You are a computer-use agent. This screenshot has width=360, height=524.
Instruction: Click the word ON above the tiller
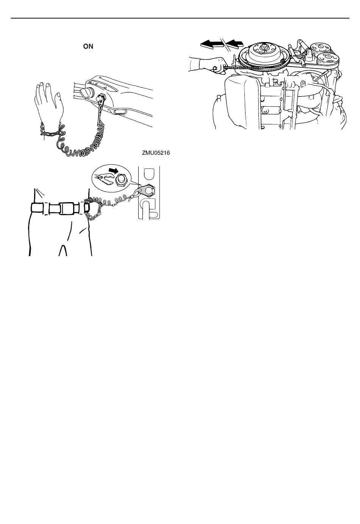pyautogui.click(x=88, y=46)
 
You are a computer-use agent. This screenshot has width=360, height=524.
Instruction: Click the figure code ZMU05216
pyautogui.click(x=156, y=153)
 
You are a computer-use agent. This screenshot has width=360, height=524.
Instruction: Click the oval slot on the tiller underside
pyautogui.click(x=120, y=112)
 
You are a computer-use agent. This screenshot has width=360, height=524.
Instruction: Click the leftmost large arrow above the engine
pyautogui.click(x=212, y=44)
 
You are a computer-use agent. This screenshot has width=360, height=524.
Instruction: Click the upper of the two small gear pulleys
pyautogui.click(x=320, y=48)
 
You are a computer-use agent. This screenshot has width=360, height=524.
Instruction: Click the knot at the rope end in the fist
pyautogui.click(x=215, y=69)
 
